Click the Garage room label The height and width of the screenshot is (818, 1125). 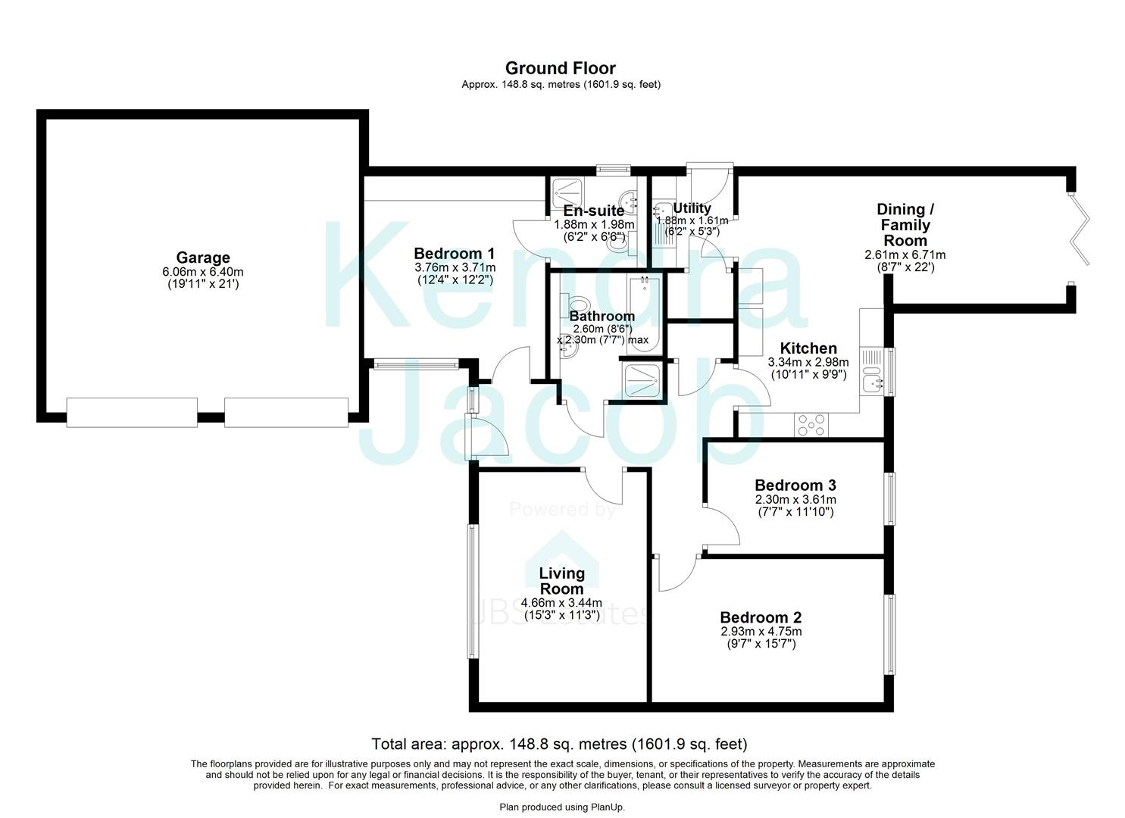pyautogui.click(x=202, y=258)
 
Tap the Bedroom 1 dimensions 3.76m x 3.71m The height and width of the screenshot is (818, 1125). pyautogui.click(x=455, y=267)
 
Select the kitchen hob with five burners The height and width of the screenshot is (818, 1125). pyautogui.click(x=811, y=426)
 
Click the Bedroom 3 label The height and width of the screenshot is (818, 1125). pyautogui.click(x=795, y=485)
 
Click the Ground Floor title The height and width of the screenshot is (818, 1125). pyautogui.click(x=560, y=68)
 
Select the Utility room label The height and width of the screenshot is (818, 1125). pyautogui.click(x=692, y=208)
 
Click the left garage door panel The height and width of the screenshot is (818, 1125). pyautogui.click(x=132, y=412)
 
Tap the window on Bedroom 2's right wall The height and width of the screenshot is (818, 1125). pyautogui.click(x=891, y=634)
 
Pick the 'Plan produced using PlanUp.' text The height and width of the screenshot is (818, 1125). pyautogui.click(x=562, y=807)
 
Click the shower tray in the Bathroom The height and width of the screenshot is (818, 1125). pyautogui.click(x=642, y=379)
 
